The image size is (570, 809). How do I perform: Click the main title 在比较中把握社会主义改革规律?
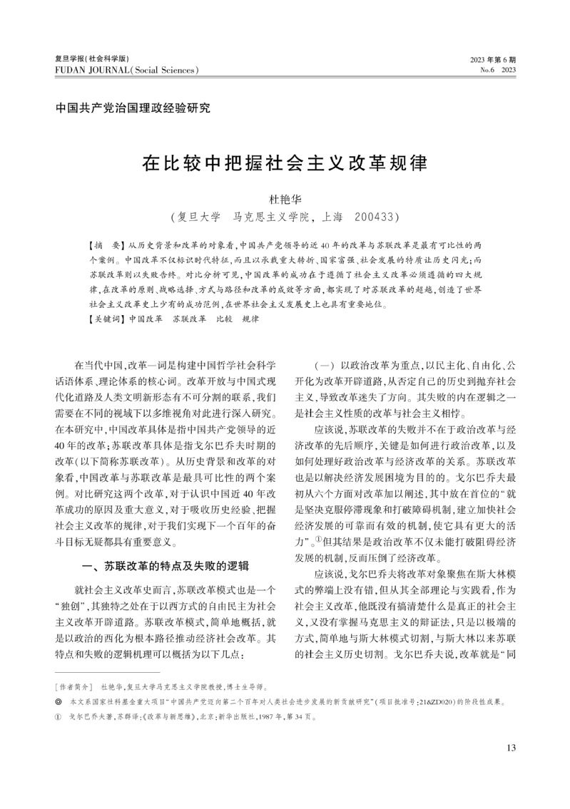click(285, 163)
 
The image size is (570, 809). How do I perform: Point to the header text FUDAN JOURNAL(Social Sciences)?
click(126, 70)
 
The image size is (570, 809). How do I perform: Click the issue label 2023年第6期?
click(493, 59)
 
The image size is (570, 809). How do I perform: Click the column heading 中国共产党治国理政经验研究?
click(133, 108)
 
